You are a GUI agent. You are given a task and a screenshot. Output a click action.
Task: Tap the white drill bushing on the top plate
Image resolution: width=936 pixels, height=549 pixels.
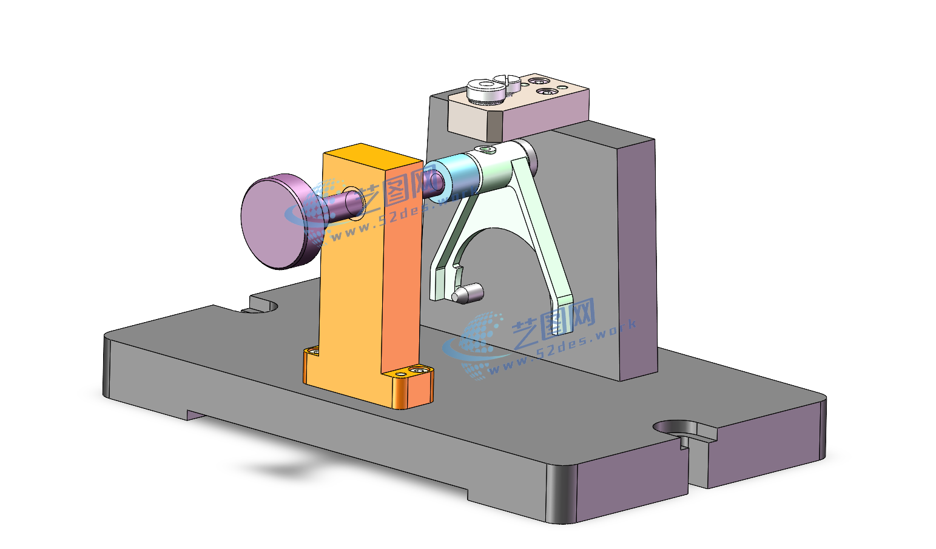(485, 91)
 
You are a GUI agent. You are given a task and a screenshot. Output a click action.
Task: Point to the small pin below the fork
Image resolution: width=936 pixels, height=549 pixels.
(468, 293)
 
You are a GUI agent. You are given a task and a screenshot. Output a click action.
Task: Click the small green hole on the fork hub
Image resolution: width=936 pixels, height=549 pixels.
(486, 149)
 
